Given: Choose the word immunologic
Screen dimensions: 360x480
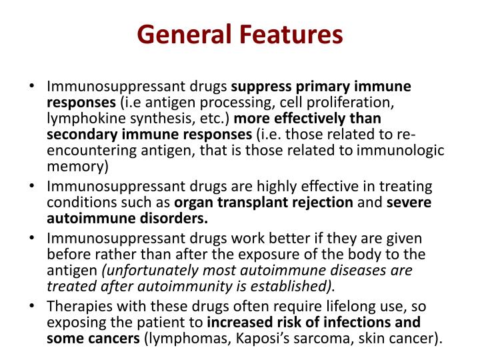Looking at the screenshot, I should [403, 151].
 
